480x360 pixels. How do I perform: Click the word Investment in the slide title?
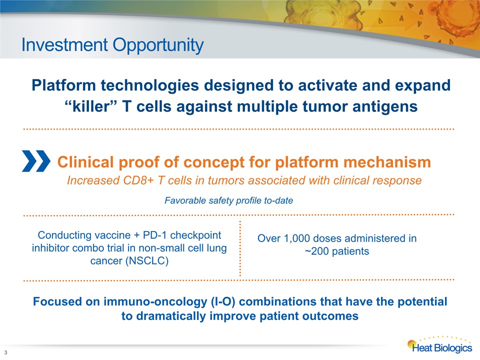pyautogui.click(x=64, y=44)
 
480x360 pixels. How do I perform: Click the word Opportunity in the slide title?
pyautogui.click(x=158, y=45)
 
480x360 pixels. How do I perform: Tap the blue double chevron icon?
pyautogui.click(x=36, y=161)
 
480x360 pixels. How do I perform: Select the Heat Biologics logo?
pyautogui.click(x=440, y=344)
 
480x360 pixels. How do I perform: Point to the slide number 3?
pyautogui.click(x=5, y=352)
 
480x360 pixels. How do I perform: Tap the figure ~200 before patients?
pyautogui.click(x=316, y=251)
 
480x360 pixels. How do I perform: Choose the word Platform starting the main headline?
pyautogui.click(x=63, y=85)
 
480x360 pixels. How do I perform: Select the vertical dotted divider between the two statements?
pyautogui.click(x=240, y=248)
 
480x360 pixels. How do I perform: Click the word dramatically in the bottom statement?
pyautogui.click(x=171, y=316)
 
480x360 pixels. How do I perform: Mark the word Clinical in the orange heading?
pyautogui.click(x=85, y=162)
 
